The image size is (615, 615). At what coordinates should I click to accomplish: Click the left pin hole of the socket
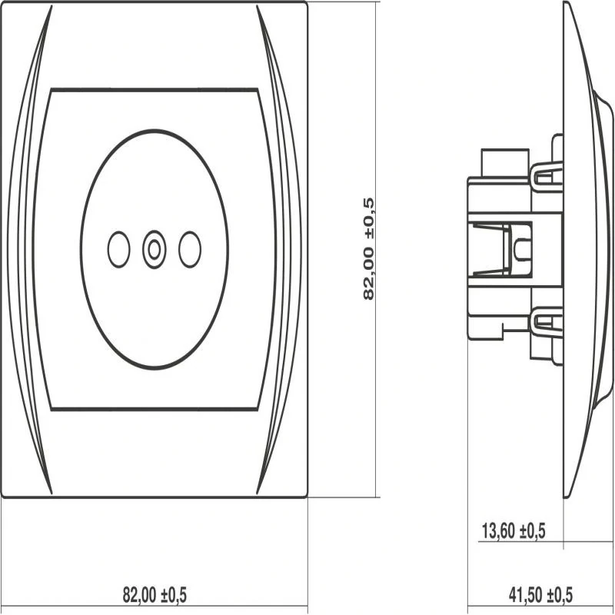tap(118, 249)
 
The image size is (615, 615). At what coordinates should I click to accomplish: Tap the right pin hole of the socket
tap(190, 249)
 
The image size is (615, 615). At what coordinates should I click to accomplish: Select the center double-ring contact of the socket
tap(155, 249)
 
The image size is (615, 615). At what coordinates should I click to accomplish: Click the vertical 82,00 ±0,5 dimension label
tap(369, 249)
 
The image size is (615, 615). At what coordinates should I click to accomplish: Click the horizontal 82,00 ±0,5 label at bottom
tap(155, 594)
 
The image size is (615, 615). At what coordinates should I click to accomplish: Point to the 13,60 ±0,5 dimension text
tap(514, 531)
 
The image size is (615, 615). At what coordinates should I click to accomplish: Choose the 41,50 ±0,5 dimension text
tap(540, 595)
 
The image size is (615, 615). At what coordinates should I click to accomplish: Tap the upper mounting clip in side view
tap(547, 178)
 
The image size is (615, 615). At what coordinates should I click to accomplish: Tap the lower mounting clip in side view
tap(547, 321)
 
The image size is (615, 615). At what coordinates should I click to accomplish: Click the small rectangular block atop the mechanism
tap(505, 163)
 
